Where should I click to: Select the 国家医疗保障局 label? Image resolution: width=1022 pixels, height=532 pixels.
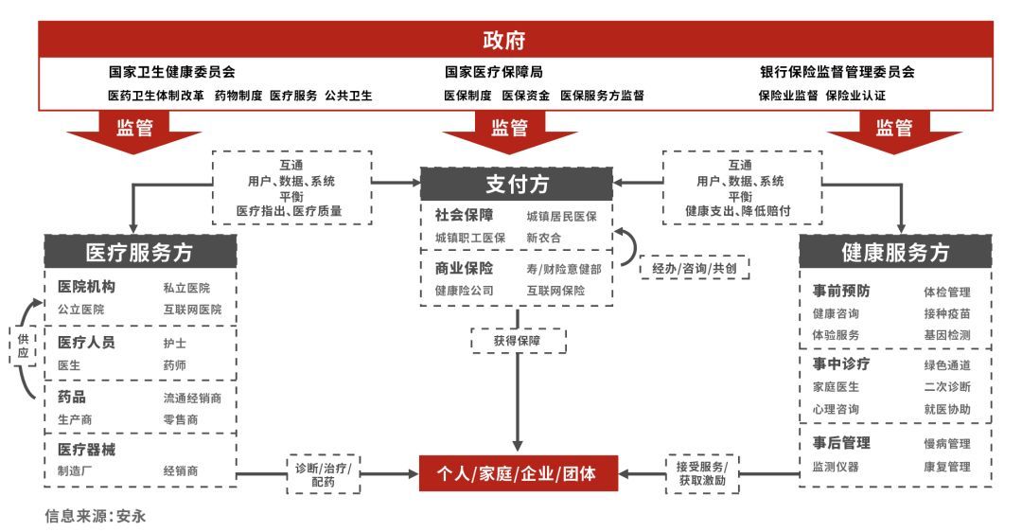494,72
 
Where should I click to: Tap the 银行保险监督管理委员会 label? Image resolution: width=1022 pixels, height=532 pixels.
837,72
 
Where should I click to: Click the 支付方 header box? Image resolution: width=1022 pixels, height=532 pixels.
517,184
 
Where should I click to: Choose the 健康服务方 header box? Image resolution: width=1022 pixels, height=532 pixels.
895,252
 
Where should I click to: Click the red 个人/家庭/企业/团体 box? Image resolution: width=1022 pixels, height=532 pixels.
517,472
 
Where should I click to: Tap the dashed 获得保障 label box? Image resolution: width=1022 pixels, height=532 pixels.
518,341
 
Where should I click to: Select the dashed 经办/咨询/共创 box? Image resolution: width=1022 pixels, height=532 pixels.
695,268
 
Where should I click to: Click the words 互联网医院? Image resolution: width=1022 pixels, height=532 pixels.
192,310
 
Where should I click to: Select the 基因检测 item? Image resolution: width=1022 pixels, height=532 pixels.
946,335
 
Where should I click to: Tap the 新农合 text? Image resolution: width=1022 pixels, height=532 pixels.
544,239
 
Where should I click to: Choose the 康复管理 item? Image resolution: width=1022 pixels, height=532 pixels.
946,467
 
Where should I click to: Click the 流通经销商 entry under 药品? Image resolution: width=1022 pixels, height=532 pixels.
199,399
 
